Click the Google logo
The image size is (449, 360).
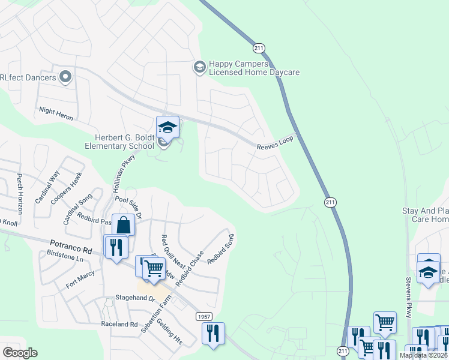point(20,353)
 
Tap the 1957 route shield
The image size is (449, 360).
point(203,316)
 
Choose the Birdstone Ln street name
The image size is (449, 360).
point(65,257)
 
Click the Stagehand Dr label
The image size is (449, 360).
point(135,298)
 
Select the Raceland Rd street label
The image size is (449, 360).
point(120,324)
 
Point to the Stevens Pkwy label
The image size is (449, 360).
point(408,297)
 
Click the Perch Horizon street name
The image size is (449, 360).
point(20,194)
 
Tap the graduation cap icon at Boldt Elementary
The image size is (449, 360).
point(167,126)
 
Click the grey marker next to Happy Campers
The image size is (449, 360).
point(199,67)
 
